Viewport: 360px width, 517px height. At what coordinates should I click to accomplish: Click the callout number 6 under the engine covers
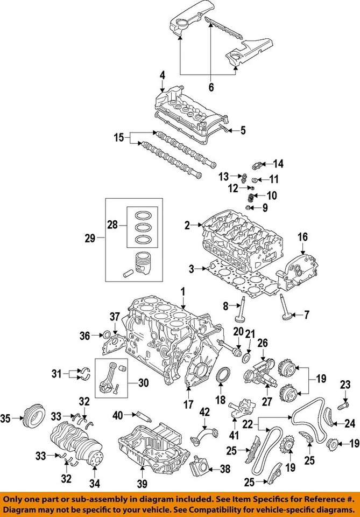(x=211, y=86)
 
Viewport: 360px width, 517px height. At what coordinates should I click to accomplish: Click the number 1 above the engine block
(x=183, y=291)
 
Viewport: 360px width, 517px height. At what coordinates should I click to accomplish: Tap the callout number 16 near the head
(x=303, y=236)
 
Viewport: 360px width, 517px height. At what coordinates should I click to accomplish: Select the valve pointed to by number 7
(x=283, y=314)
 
